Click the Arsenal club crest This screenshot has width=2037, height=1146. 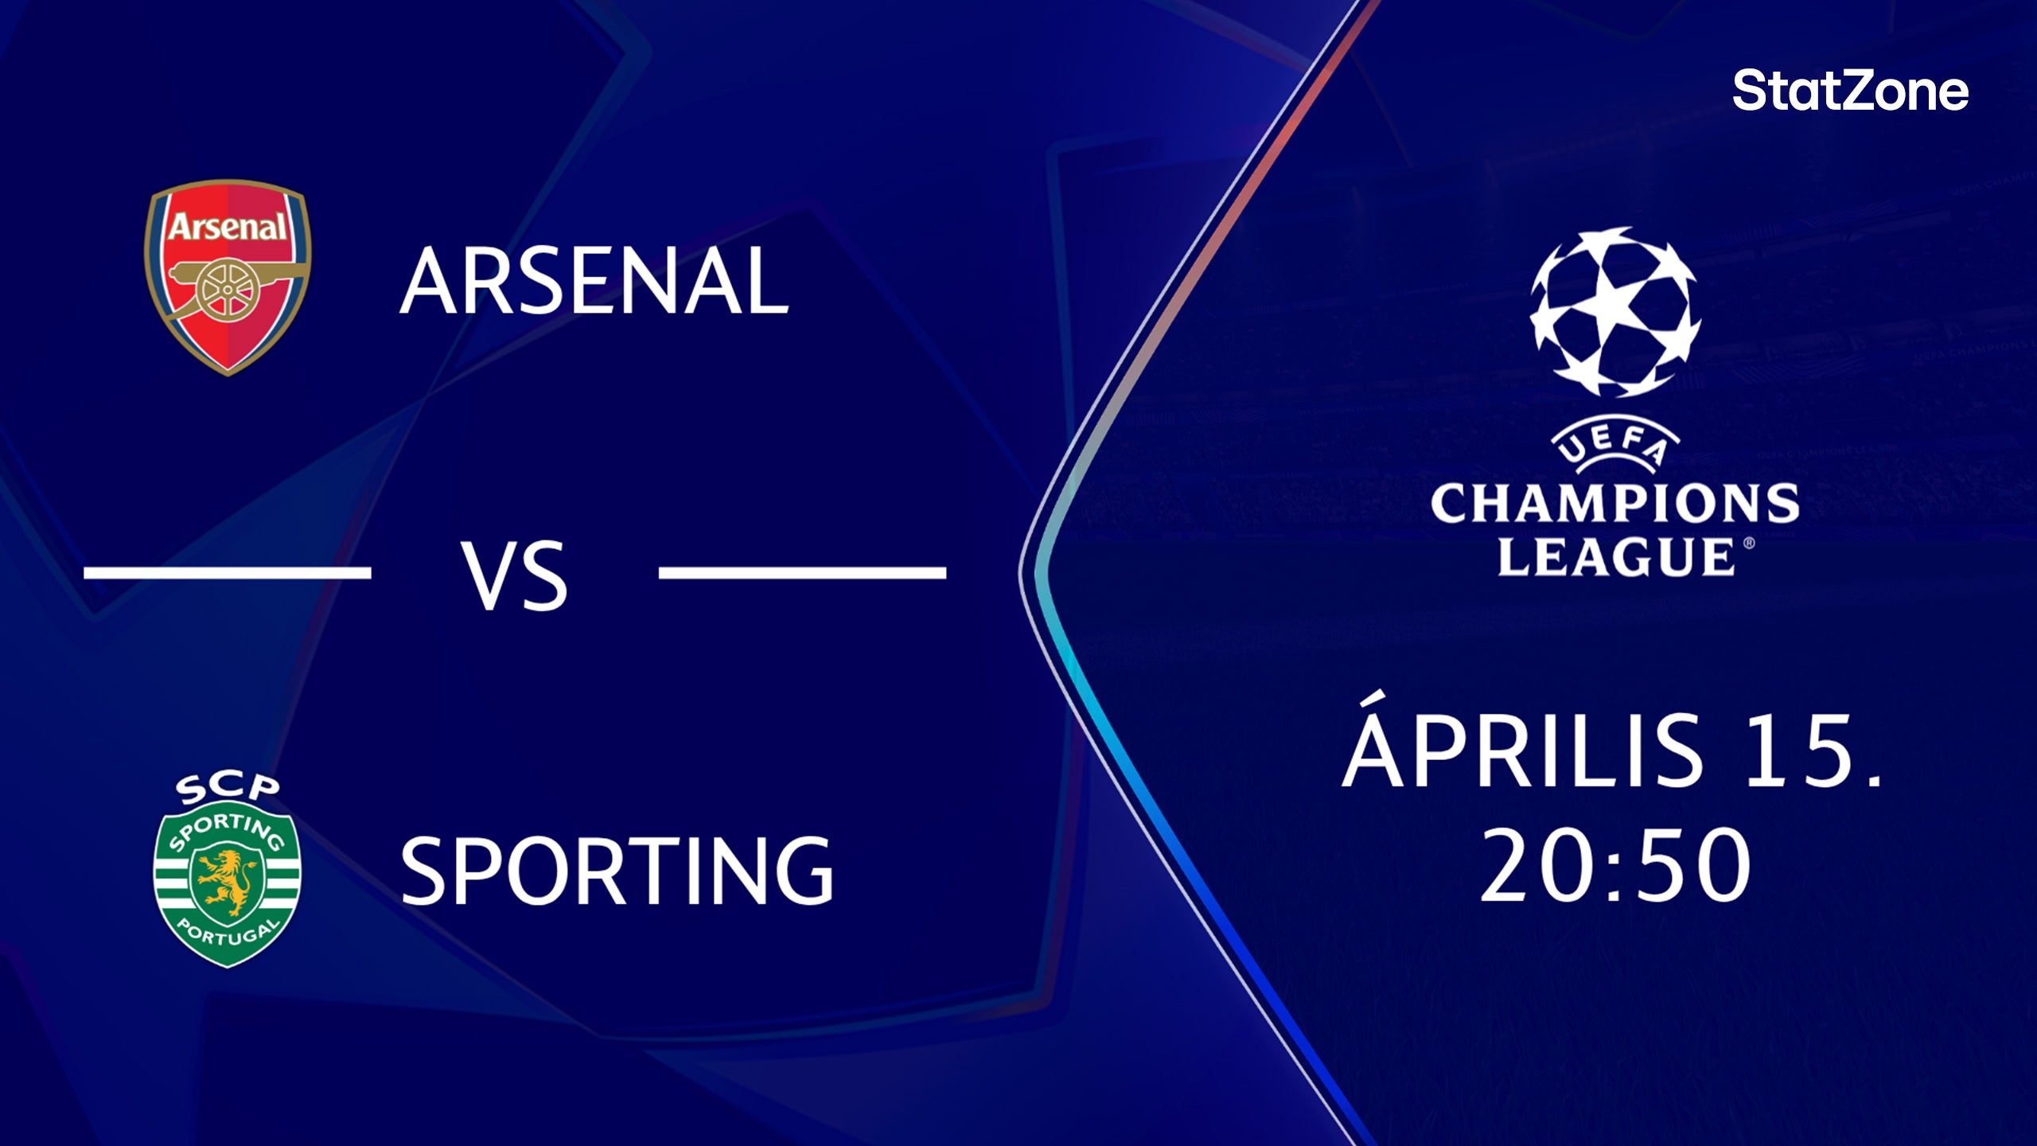coord(228,277)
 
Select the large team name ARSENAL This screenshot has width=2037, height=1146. coord(594,280)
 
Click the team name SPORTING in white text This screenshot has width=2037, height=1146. coord(617,871)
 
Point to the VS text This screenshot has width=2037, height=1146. coord(515,575)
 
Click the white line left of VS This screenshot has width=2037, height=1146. coord(228,572)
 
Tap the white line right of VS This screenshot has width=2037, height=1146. coord(802,572)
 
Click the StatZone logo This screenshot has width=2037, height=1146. coord(1850,91)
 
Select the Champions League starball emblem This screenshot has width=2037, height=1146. coord(1614,312)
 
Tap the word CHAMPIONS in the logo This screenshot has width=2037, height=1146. coord(1614,503)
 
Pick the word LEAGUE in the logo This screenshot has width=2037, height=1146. coord(1614,556)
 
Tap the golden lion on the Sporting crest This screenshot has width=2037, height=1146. coord(227,881)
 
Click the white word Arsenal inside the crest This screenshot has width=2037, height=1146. coord(228,228)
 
